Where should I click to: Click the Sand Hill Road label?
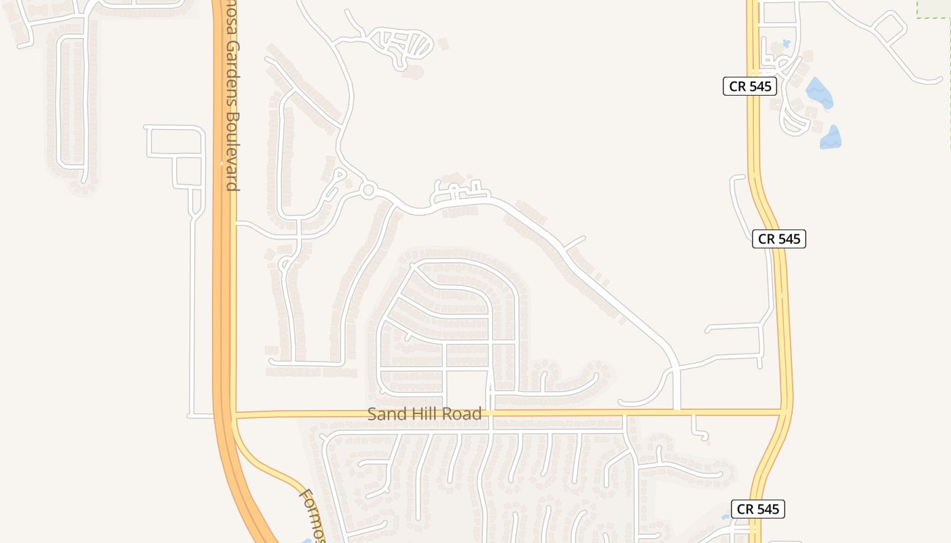[425, 413]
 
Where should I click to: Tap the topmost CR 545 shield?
[749, 86]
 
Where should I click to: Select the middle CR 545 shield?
[778, 239]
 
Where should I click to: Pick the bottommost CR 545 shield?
[757, 509]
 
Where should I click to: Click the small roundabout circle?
[368, 190]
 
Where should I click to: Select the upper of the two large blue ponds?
[819, 93]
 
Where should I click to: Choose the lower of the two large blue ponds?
[831, 137]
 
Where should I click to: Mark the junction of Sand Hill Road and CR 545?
[784, 411]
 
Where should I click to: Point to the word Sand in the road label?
[384, 413]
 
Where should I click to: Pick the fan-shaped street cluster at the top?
[408, 46]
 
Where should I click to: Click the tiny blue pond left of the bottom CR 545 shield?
[725, 517]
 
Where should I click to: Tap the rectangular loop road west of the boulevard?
[175, 142]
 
